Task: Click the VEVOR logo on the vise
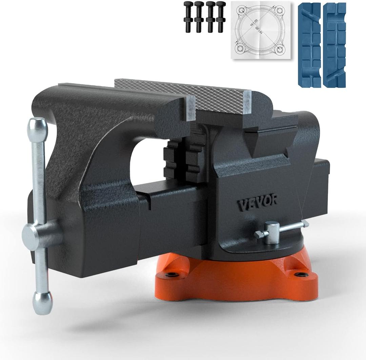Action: [x=257, y=203]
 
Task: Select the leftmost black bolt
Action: [x=188, y=17]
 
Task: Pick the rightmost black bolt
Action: [x=221, y=17]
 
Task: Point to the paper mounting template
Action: [x=260, y=31]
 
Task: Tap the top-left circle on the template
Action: [x=242, y=11]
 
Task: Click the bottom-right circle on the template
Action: [x=280, y=50]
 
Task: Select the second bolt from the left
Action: [x=199, y=17]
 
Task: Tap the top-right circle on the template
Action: [x=280, y=11]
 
